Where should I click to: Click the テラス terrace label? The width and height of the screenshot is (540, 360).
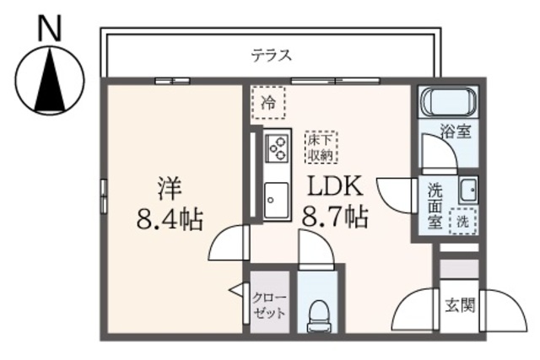[x=271, y=56]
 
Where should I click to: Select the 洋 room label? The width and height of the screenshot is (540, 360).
[x=168, y=186]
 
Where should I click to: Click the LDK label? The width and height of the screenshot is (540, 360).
[x=333, y=186]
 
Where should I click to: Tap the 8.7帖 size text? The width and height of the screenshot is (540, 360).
[x=333, y=218]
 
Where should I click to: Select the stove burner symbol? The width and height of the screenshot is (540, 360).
[x=277, y=149]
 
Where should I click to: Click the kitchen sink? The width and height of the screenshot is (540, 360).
[x=276, y=201]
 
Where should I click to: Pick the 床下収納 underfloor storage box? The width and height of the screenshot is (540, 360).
[x=321, y=148]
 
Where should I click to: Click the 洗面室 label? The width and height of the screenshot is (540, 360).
[x=435, y=206]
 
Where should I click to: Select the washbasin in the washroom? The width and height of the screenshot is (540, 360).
[x=467, y=190]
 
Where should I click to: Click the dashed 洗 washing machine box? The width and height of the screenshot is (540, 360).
[x=463, y=221]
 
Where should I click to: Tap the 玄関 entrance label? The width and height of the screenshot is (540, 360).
[x=459, y=304]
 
